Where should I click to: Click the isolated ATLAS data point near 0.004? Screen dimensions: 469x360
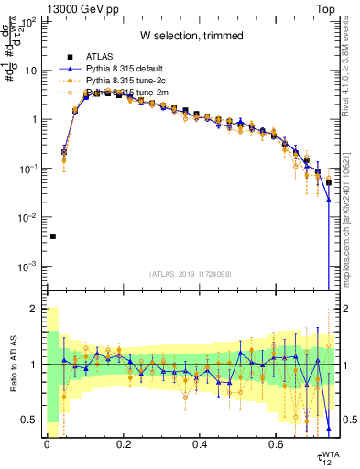[x=52, y=236]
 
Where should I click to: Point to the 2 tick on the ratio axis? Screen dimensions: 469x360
[x=34, y=309]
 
